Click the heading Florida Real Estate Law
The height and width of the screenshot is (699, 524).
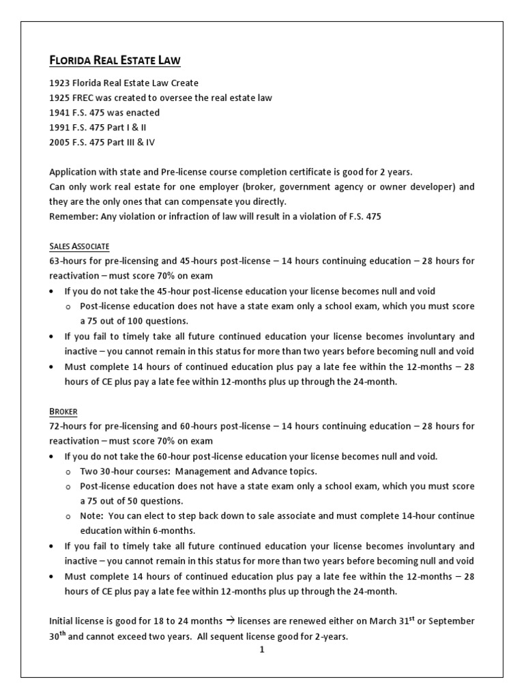pyautogui.click(x=115, y=61)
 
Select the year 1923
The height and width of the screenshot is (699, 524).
pyautogui.click(x=60, y=83)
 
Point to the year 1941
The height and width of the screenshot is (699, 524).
pyautogui.click(x=60, y=113)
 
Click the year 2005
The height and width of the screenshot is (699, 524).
pyautogui.click(x=60, y=143)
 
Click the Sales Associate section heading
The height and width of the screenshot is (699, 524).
pyautogui.click(x=79, y=246)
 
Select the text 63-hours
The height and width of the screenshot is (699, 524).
pyautogui.click(x=68, y=261)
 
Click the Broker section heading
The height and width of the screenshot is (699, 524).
pyautogui.click(x=63, y=412)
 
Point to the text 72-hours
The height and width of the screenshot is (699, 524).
pyautogui.click(x=68, y=426)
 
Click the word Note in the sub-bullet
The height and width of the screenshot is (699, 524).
pyautogui.click(x=91, y=516)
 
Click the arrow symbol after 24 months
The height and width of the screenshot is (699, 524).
pyautogui.click(x=229, y=620)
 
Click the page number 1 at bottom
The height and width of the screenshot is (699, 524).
pyautogui.click(x=261, y=650)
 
